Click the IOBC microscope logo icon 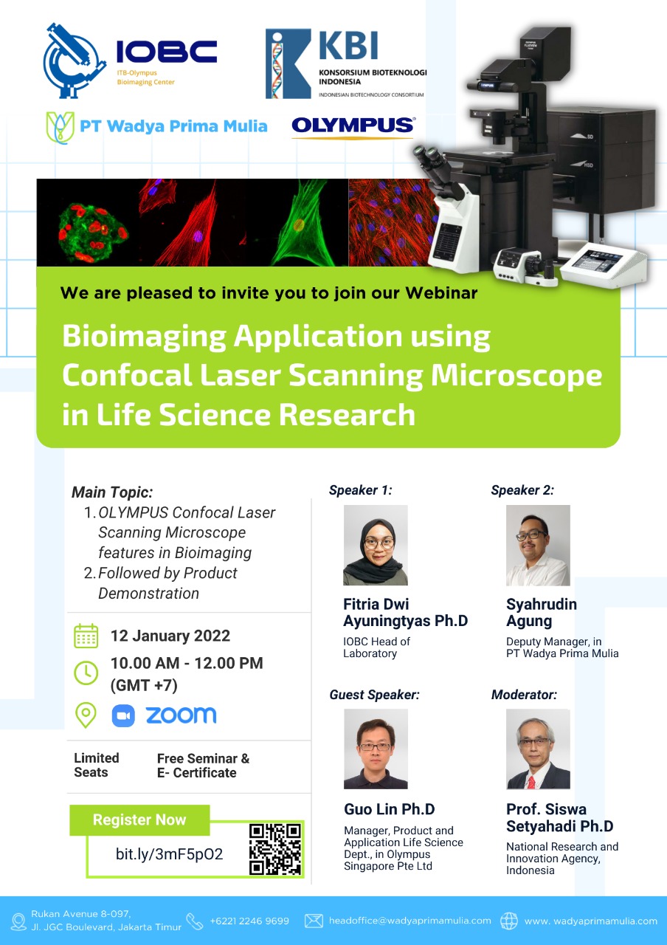pyautogui.click(x=75, y=61)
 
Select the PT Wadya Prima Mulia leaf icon pyautogui.click(x=60, y=128)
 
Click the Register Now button pyautogui.click(x=139, y=819)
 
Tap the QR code pyautogui.click(x=275, y=850)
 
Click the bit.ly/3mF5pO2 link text pyautogui.click(x=169, y=854)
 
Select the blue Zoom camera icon pyautogui.click(x=123, y=715)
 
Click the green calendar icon pyautogui.click(x=86, y=636)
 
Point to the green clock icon pyautogui.click(x=86, y=673)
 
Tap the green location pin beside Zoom pyautogui.click(x=86, y=715)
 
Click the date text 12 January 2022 pyautogui.click(x=170, y=636)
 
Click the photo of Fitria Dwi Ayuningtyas pyautogui.click(x=376, y=545)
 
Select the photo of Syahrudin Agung pyautogui.click(x=538, y=545)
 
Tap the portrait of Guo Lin pyautogui.click(x=376, y=749)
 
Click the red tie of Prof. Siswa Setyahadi pyautogui.click(x=532, y=782)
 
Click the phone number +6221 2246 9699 pyautogui.click(x=249, y=921)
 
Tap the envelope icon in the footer pyautogui.click(x=314, y=921)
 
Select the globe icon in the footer pyautogui.click(x=509, y=921)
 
